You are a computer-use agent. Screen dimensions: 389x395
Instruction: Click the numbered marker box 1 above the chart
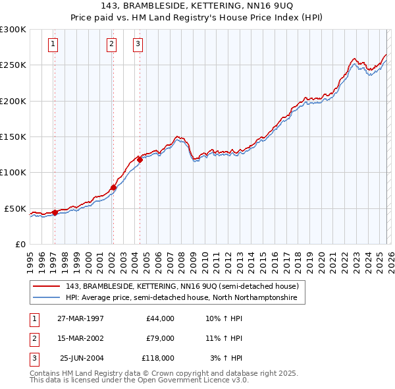click(x=53, y=45)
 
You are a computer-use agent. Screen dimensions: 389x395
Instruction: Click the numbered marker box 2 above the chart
click(x=111, y=45)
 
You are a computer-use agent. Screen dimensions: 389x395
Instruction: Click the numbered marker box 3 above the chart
click(x=138, y=45)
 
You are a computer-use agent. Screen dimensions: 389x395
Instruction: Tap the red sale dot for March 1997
click(x=55, y=212)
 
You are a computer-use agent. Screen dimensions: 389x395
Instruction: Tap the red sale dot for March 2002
click(x=113, y=187)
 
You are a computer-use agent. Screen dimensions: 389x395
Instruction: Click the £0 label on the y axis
click(x=19, y=244)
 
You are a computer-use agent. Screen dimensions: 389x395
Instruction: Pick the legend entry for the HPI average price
click(x=182, y=298)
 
